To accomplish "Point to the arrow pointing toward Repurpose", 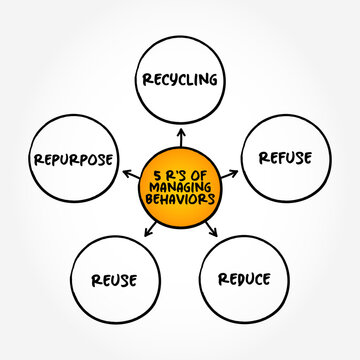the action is point(129,173).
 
